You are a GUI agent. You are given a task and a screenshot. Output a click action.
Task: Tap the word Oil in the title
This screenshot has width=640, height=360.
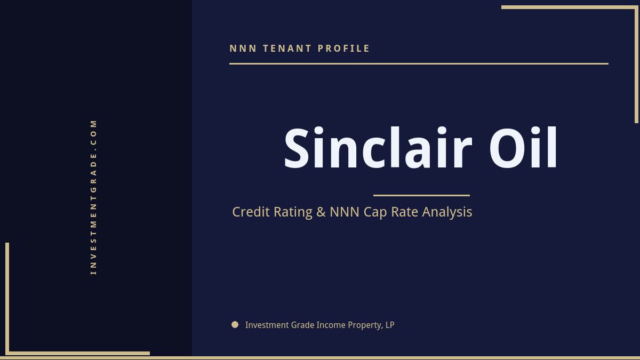523,149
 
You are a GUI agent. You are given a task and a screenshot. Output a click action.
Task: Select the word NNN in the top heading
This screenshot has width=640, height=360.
243,49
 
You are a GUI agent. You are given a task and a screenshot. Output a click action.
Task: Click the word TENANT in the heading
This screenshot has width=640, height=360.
287,49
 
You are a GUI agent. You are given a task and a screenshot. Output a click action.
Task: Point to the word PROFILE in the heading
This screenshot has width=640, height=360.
344,49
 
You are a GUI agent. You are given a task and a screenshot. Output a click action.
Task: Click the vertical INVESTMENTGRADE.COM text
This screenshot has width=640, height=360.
93,197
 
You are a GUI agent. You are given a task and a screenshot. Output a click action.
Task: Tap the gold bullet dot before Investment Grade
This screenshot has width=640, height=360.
235,324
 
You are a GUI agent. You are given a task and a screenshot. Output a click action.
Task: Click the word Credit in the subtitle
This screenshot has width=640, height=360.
251,212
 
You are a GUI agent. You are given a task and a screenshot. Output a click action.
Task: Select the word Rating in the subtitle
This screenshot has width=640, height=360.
293,212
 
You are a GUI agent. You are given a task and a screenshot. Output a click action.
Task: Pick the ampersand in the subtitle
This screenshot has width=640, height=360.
321,212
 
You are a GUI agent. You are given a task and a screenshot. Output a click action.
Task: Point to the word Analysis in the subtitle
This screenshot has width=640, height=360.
447,212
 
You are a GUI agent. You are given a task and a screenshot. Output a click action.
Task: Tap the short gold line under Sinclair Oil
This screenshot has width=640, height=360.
421,195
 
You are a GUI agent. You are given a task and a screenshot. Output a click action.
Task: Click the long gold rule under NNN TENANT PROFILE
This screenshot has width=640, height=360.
419,63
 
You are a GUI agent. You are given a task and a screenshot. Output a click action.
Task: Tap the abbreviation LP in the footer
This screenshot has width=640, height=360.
390,325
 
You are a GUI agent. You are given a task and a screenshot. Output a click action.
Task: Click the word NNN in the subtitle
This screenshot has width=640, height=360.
345,212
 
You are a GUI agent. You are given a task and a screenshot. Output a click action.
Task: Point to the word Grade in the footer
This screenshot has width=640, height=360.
303,325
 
